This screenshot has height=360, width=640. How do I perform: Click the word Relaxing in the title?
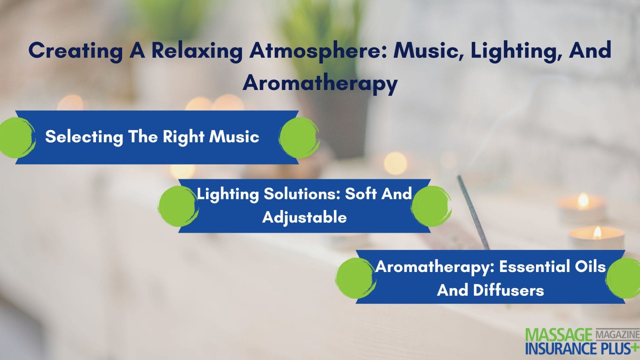tap(197, 51)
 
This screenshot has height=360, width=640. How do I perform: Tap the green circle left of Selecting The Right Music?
tap(17, 137)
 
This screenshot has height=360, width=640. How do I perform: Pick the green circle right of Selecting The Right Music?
tap(299, 137)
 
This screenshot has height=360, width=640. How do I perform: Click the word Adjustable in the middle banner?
tap(304, 217)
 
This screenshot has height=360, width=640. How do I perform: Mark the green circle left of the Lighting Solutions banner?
tap(178, 206)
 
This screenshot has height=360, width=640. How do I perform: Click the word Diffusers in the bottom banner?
tap(509, 290)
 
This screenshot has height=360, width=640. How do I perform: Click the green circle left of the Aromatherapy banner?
tap(355, 278)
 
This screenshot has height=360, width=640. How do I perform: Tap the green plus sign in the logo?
tap(635, 347)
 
